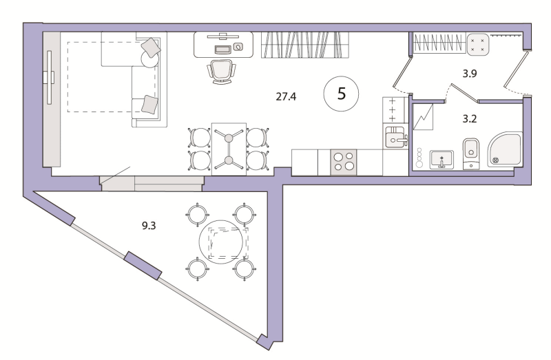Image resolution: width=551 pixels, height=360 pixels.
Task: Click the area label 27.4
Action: coord(286,96)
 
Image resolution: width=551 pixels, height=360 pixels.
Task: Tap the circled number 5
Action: coord(341,94)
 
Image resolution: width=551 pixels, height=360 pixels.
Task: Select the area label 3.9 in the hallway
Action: coord(470,74)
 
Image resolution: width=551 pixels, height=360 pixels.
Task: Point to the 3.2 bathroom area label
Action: coord(470,119)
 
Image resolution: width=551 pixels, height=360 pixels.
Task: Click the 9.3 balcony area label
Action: coord(149,226)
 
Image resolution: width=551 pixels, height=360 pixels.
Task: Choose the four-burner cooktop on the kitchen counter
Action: coord(344,162)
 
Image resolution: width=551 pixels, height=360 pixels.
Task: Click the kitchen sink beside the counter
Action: coord(395,137)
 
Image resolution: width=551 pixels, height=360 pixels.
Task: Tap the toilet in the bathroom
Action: coord(471,153)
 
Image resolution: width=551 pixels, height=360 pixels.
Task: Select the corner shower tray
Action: coord(505,149)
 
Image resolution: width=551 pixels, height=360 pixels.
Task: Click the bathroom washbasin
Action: coord(441,160)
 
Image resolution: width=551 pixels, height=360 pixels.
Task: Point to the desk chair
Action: coord(221,72)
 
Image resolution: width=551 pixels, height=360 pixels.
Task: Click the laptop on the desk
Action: coord(222,50)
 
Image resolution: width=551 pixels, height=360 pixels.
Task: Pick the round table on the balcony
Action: coord(221,242)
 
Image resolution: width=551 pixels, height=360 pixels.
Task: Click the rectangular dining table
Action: coord(229,149)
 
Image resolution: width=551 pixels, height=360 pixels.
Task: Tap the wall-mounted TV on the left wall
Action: coord(49,77)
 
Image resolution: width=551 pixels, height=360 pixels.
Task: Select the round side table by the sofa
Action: coord(150,59)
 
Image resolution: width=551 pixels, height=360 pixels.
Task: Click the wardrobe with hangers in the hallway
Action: coord(438,43)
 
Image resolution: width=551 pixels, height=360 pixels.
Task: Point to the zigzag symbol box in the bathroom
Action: coord(424,117)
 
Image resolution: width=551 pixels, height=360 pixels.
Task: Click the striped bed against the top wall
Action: coord(305,45)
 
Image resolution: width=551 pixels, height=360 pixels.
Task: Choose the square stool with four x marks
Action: coord(478,45)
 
